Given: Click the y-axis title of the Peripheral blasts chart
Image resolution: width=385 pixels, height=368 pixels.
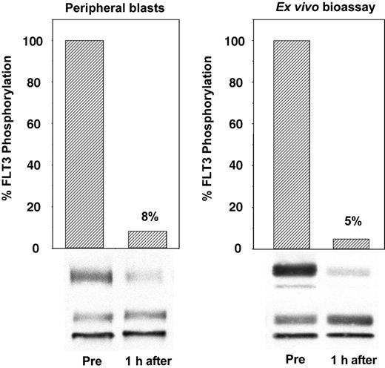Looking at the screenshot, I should (x=13, y=144).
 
